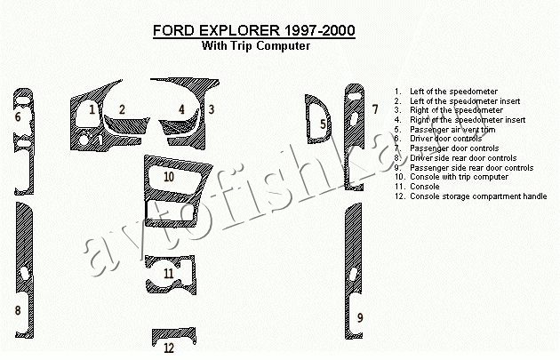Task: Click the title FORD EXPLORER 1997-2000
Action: pos(254,30)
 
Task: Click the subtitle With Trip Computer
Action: pos(256,45)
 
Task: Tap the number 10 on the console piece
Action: pos(169,176)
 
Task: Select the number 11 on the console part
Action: pos(169,274)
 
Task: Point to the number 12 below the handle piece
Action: pos(169,348)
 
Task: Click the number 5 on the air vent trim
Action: pos(323,124)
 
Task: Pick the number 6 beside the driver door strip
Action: pos(18,116)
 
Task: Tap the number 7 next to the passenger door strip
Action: pos(374,109)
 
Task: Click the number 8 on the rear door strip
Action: pos(18,310)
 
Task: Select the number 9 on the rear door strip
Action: pos(360,317)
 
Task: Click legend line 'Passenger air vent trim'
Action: pos(452,130)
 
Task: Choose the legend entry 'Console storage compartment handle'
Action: pos(478,196)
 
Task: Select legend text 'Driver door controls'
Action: pos(445,139)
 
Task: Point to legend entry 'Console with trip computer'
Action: pos(459,177)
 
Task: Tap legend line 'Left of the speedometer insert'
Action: pos(465,101)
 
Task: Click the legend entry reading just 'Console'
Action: pos(425,187)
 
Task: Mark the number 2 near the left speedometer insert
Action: pos(122,109)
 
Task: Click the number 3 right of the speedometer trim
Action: pos(212,109)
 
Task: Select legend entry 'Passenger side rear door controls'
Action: pos(471,167)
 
